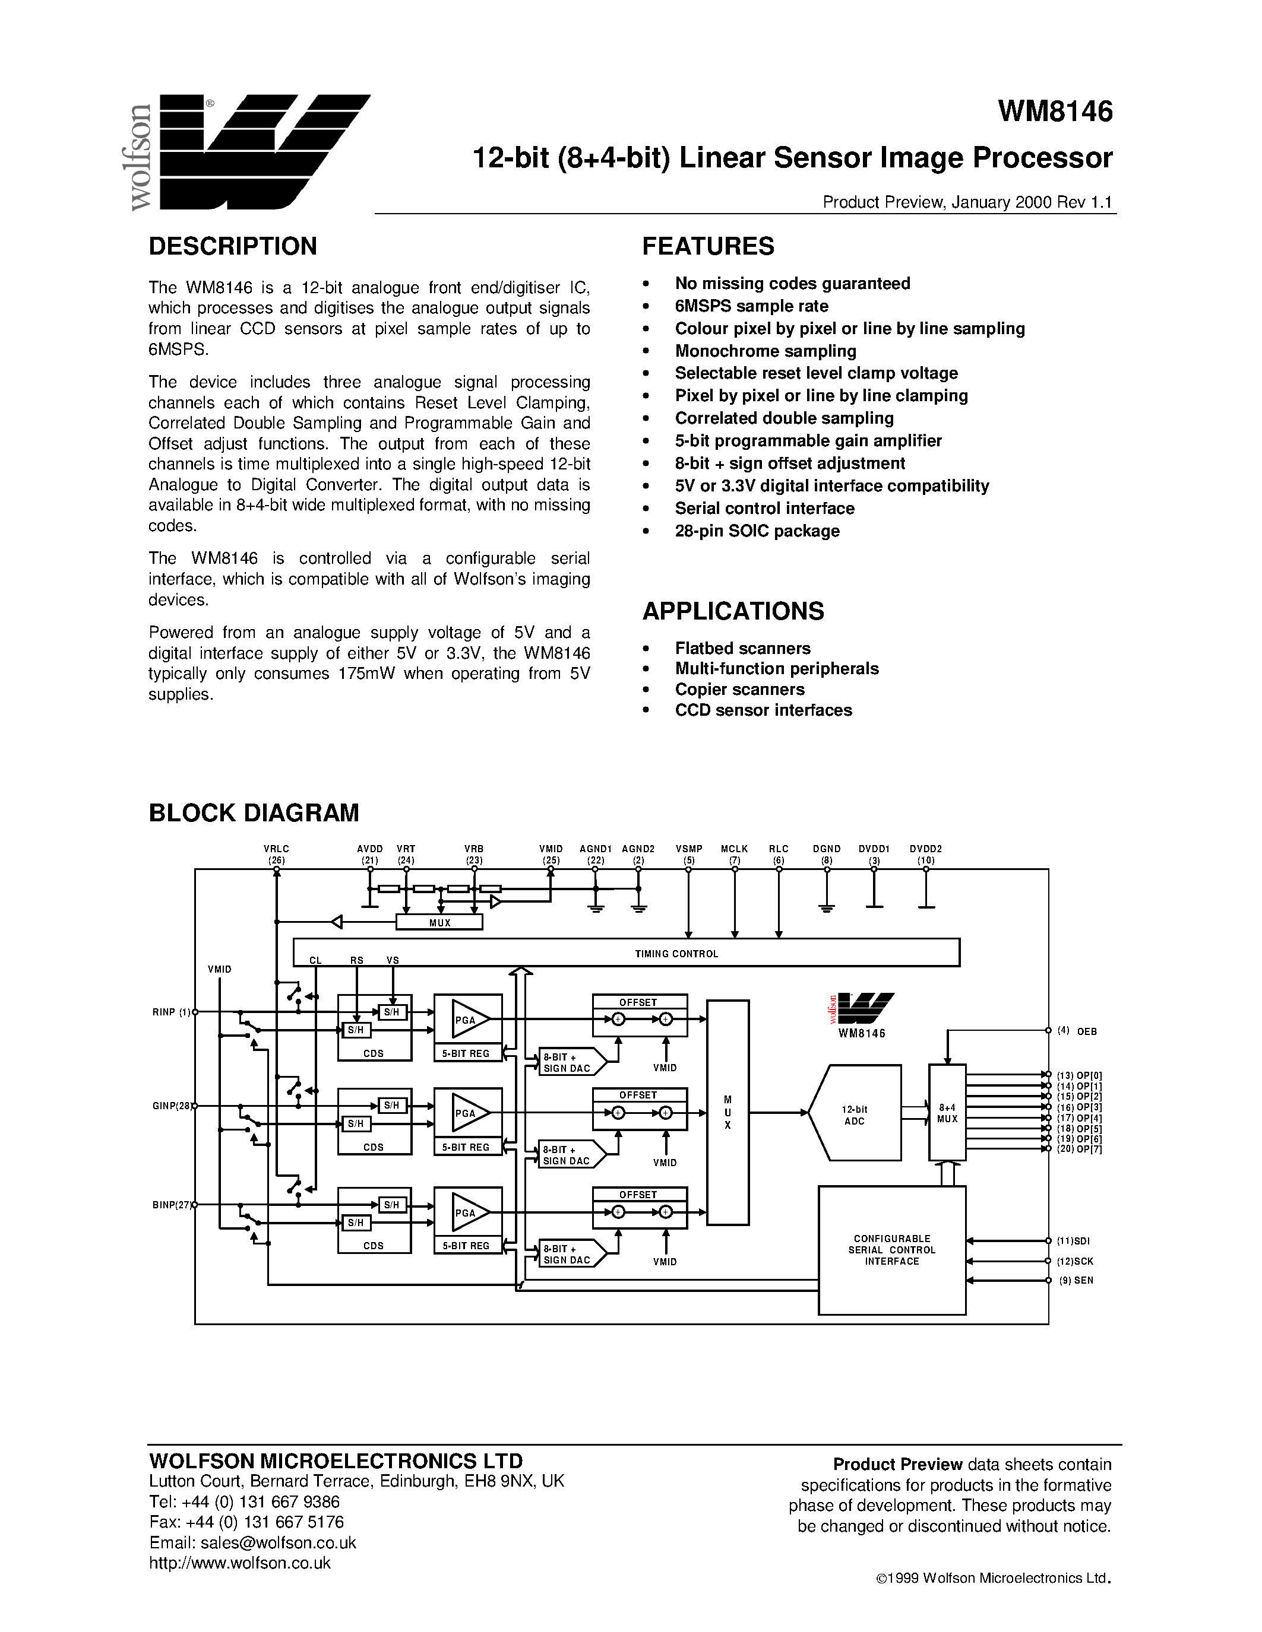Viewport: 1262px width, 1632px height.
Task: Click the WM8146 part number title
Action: [x=1055, y=112]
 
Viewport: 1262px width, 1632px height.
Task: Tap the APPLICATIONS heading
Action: [x=733, y=611]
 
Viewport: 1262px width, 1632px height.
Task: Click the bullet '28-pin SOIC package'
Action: [x=757, y=531]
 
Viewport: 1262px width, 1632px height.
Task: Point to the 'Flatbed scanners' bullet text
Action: [x=742, y=649]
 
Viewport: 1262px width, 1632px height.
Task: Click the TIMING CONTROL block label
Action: [x=676, y=954]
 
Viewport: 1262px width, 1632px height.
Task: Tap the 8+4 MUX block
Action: [x=947, y=1113]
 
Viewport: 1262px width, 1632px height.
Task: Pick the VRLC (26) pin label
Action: [x=276, y=854]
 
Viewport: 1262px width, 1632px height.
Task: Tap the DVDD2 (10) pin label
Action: [x=926, y=854]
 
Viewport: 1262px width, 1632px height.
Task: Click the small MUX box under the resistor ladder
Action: [x=439, y=923]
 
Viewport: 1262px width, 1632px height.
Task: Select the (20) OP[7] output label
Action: [x=1079, y=1148]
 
